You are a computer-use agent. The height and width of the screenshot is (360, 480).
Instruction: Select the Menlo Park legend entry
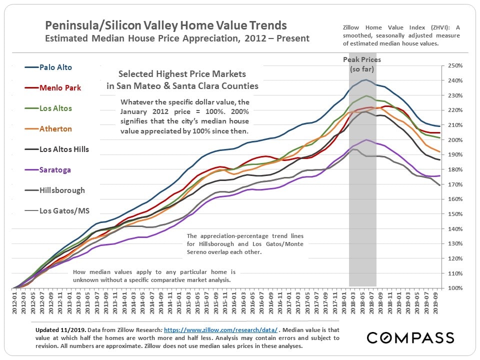coord(60,88)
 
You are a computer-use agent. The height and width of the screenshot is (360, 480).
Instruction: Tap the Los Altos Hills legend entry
coord(64,149)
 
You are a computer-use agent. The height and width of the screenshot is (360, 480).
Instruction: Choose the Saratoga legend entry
coord(55,170)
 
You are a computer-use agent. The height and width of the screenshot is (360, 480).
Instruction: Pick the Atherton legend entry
coord(55,129)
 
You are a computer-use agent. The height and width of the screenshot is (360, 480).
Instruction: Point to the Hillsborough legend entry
coord(62,190)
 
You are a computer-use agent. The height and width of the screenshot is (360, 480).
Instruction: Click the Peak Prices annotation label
coord(362,60)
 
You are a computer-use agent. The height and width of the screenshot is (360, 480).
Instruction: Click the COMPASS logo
coord(410,337)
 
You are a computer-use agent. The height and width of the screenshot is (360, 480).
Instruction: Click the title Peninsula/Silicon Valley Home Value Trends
coord(166,25)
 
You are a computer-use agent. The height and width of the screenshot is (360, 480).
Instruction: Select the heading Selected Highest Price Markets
coord(182,74)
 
